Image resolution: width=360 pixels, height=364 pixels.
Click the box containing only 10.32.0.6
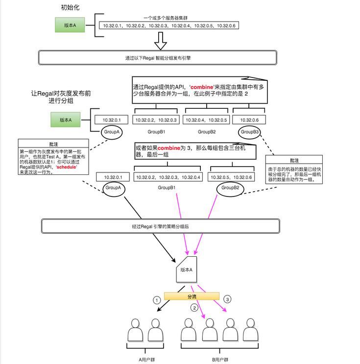click(x=246, y=120)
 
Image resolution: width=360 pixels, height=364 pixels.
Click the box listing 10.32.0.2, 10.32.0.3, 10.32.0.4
click(x=168, y=177)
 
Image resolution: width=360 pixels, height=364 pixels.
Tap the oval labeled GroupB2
click(x=230, y=188)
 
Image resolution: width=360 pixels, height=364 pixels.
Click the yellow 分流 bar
click(x=191, y=296)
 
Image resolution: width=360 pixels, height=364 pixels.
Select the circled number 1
click(x=156, y=299)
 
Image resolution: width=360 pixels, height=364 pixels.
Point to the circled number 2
click(x=194, y=308)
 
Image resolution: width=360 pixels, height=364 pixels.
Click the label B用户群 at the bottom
click(x=221, y=359)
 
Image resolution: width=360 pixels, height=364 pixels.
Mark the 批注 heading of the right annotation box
click(x=293, y=160)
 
